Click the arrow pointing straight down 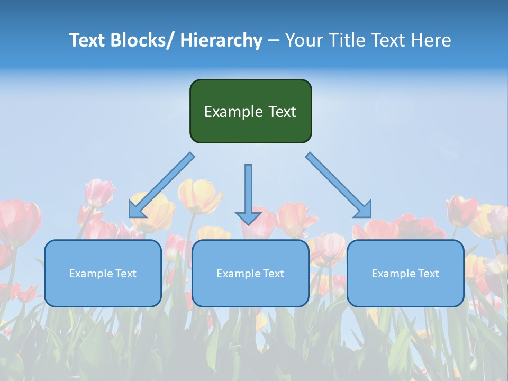(x=248, y=190)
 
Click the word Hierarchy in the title (x=221, y=40)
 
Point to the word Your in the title (x=303, y=40)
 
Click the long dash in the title (x=273, y=40)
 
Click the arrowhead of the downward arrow (x=248, y=217)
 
